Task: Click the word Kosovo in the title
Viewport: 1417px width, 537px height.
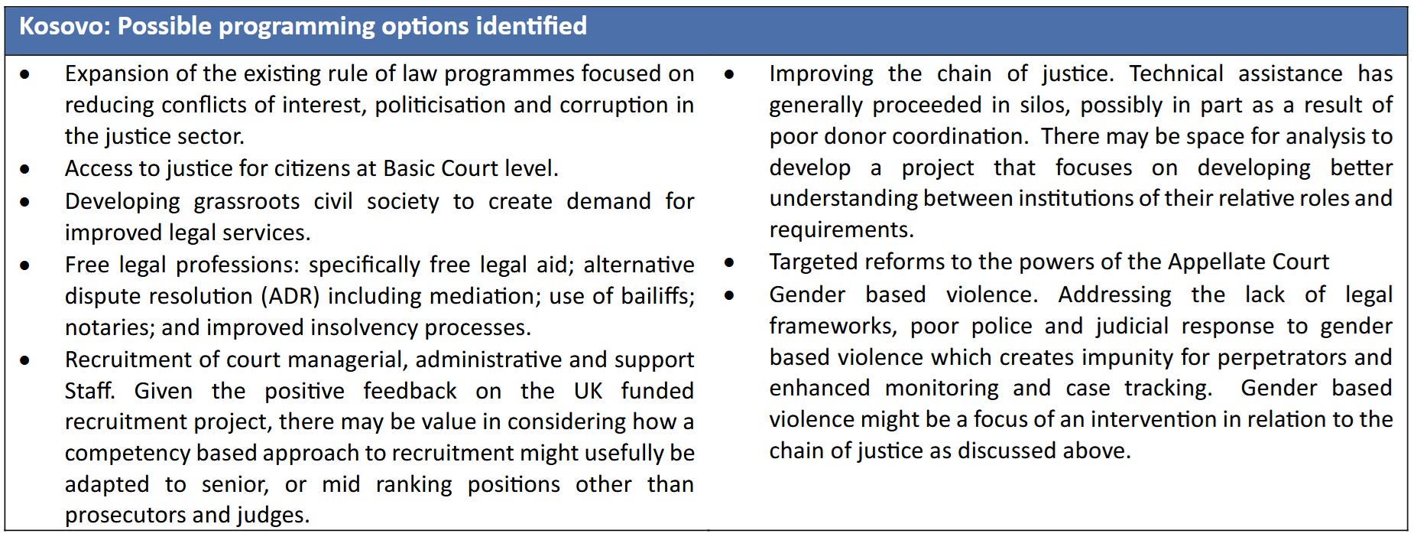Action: [x=64, y=26]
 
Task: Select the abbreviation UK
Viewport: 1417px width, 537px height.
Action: [x=588, y=391]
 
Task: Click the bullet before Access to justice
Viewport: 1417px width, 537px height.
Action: [x=26, y=170]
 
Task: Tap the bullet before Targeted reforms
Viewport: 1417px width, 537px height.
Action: [x=730, y=263]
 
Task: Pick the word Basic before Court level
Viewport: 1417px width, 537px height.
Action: [x=409, y=168]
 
